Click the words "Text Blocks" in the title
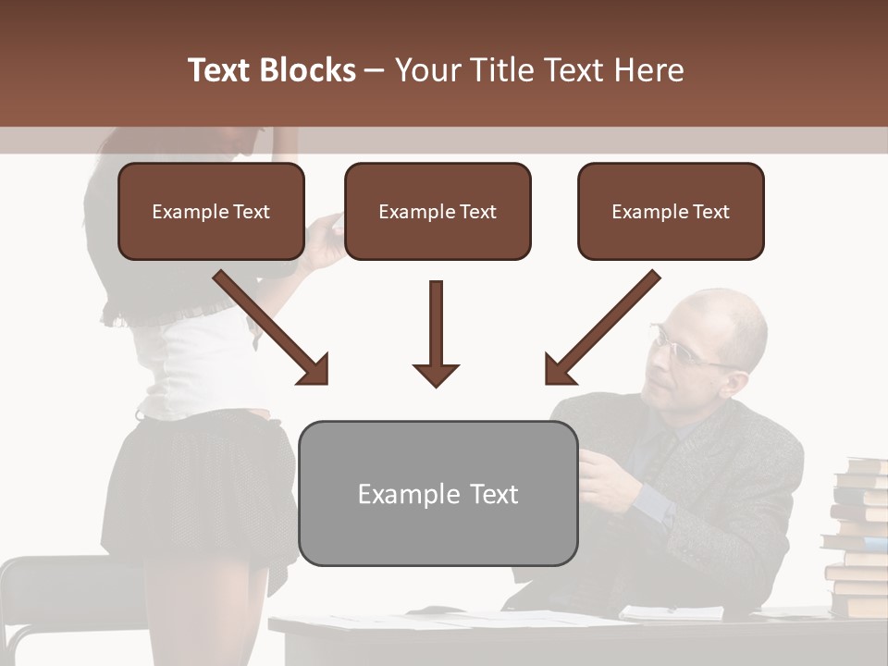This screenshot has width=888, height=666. click(x=272, y=70)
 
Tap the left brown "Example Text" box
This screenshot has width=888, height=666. click(x=211, y=212)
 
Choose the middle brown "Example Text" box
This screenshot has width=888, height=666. click(x=438, y=212)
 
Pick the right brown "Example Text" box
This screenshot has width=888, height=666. click(x=671, y=212)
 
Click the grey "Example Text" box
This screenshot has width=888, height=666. click(x=438, y=493)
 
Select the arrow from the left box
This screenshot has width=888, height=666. click(x=272, y=327)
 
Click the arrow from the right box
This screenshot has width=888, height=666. click(x=601, y=327)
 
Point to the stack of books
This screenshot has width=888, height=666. click(x=856, y=536)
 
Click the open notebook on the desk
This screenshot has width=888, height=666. click(x=671, y=611)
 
